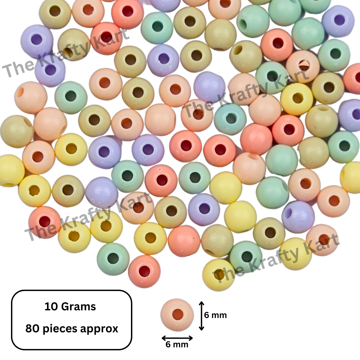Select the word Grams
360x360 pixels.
click(x=78, y=307)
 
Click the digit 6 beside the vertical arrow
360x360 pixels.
click(x=207, y=315)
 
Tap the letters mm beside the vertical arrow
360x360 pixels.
click(x=219, y=316)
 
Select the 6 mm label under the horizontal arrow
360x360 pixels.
click(x=177, y=345)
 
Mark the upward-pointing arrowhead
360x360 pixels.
click(x=201, y=304)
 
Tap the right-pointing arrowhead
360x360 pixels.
click(x=190, y=338)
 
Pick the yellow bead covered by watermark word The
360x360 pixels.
click(x=219, y=275)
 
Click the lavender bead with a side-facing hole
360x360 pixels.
click(x=298, y=217)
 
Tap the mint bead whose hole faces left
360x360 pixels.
click(x=253, y=21)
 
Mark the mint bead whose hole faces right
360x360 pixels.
click(x=272, y=192)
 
